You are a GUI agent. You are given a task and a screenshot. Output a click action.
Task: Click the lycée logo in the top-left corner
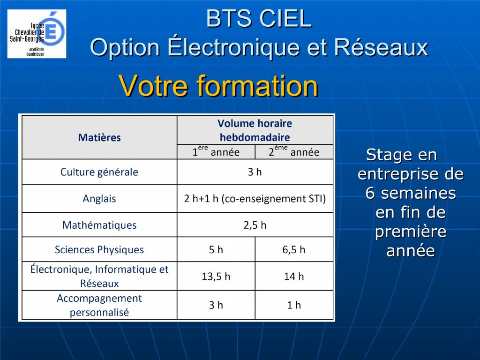click(37, 33)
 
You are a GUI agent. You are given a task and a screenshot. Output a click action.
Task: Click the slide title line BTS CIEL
click(259, 19)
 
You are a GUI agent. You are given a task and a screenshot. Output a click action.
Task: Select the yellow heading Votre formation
click(218, 86)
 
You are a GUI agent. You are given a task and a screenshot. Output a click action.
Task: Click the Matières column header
click(99, 138)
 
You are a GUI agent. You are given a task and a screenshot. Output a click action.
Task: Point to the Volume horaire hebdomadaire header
click(255, 130)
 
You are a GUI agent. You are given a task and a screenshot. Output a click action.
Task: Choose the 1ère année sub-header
click(216, 152)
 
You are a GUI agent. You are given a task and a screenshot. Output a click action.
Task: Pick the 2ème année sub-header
click(294, 152)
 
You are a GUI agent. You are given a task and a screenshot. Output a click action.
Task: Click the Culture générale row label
click(99, 172)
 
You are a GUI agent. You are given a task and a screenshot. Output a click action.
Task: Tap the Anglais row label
click(99, 198)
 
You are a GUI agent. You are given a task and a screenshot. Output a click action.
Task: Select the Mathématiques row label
click(99, 225)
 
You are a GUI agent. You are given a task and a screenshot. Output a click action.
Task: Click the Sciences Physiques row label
click(99, 249)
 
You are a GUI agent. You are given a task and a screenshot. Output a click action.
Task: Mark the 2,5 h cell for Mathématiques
click(255, 225)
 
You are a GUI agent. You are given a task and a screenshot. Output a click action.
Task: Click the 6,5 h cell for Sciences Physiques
click(294, 249)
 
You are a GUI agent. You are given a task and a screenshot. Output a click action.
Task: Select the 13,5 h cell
click(216, 277)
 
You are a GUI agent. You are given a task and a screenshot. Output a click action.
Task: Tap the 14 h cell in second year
click(294, 277)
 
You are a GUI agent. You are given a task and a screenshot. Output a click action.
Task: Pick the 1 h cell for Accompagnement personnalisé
click(294, 305)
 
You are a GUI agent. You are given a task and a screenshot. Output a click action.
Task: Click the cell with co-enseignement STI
click(255, 198)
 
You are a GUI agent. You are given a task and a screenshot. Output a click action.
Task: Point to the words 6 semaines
click(411, 193)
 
